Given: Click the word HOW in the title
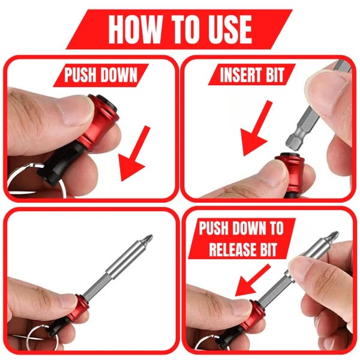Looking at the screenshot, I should click(x=133, y=28).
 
